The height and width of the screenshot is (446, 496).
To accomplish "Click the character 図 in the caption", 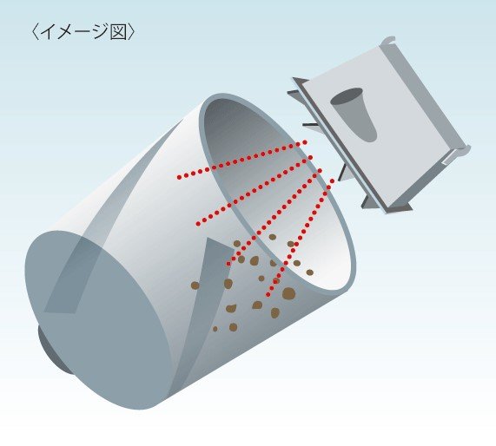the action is (118, 32).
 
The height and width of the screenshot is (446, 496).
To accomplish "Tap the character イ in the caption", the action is (48, 31).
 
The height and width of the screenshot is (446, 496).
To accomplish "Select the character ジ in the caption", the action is (101, 31).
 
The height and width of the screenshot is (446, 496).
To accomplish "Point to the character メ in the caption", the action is (65, 32).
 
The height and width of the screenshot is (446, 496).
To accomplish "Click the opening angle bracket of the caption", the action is (36, 32).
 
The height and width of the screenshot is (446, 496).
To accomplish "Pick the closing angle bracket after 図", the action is (131, 32).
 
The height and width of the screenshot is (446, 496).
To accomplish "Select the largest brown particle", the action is (288, 293).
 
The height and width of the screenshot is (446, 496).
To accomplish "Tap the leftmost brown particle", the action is (195, 285).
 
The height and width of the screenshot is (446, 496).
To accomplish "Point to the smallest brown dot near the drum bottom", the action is (215, 329).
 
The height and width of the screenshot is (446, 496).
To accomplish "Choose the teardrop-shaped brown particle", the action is (232, 308).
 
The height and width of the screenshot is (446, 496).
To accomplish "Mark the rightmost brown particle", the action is (310, 272).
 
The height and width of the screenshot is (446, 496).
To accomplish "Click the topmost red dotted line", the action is (242, 160).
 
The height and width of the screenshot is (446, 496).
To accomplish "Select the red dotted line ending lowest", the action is (301, 238).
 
